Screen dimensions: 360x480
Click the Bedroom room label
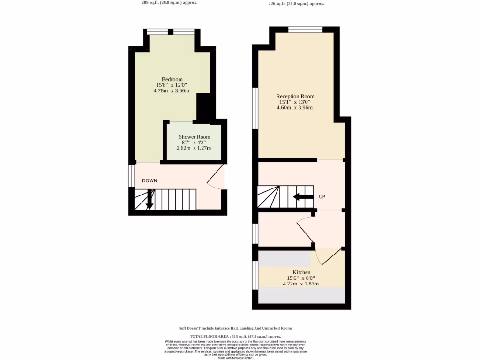click(x=172, y=79)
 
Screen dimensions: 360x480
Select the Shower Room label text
click(x=194, y=137)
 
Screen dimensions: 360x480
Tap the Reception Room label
click(x=295, y=96)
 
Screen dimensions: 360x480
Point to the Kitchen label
click(x=301, y=272)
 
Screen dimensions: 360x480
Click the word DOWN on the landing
click(x=150, y=180)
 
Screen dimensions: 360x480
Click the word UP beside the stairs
click(x=322, y=197)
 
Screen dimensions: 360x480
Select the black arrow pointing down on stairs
click(x=150, y=200)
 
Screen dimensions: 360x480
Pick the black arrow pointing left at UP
click(x=303, y=197)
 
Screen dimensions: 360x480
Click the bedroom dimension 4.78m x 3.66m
click(x=172, y=90)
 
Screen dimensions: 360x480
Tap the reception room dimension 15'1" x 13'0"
click(x=295, y=102)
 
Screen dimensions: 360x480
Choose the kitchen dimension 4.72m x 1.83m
click(x=301, y=284)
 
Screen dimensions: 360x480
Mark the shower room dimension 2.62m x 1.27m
click(x=194, y=148)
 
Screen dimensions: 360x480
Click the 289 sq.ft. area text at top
click(x=170, y=2)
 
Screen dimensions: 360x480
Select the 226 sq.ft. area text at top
click(x=296, y=3)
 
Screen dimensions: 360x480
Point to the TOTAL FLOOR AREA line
click(x=235, y=337)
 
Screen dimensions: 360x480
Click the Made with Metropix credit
click(x=235, y=358)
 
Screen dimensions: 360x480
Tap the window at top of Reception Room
click(x=305, y=30)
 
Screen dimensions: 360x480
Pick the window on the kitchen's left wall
click(x=255, y=275)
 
